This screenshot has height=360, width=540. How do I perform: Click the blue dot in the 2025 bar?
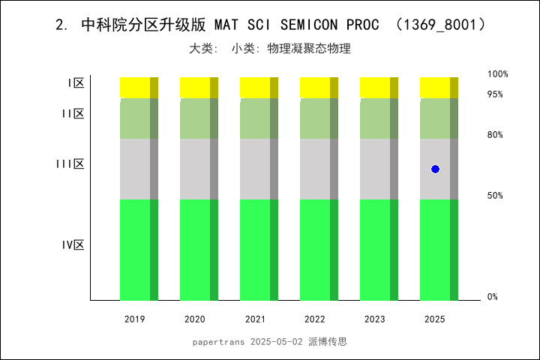click(x=435, y=169)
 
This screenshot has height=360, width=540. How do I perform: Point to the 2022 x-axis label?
click(x=315, y=319)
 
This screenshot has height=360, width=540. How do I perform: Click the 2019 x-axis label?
click(x=135, y=319)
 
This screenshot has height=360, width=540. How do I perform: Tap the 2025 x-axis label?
click(x=435, y=319)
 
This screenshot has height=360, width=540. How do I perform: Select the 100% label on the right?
click(x=498, y=74)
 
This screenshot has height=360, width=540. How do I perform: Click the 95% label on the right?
click(x=495, y=94)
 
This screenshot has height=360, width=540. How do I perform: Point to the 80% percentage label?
click(x=495, y=135)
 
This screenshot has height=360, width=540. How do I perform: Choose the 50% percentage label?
click(x=495, y=196)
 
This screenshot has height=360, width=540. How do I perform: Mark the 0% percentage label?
click(x=493, y=297)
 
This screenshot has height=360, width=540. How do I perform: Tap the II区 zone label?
click(x=73, y=114)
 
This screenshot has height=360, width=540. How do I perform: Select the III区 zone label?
click(x=70, y=164)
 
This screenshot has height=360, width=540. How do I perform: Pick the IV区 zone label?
click(x=73, y=245)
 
